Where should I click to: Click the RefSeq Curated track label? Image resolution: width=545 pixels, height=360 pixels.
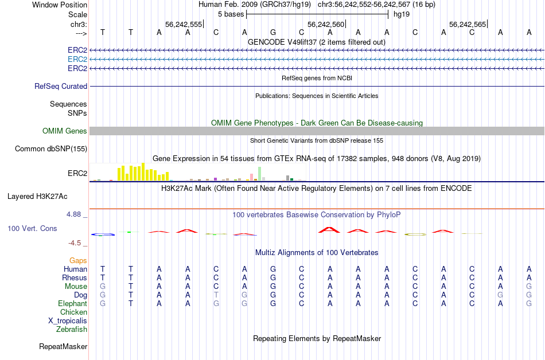[61, 87]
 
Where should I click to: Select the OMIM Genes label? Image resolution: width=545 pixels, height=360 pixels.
[65, 131]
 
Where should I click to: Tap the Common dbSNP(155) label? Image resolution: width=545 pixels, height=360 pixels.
[51, 149]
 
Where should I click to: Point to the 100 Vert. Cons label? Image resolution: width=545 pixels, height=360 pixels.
[32, 229]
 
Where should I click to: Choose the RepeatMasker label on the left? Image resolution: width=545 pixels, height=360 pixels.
[63, 347]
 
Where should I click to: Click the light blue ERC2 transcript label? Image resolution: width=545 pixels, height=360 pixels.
[77, 59]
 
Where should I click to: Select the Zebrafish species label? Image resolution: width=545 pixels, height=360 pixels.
[72, 330]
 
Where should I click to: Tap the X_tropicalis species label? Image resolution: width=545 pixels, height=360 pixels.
[68, 321]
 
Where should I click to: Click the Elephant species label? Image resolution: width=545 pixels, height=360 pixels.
[72, 304]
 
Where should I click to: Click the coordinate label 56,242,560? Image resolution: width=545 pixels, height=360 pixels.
[326, 25]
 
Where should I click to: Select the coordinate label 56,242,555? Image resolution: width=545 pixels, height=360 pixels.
[184, 25]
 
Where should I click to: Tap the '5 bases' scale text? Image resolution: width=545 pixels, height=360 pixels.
[231, 14]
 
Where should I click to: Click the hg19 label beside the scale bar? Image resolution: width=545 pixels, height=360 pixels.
[401, 14]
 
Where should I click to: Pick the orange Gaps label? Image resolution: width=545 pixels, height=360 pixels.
[78, 261]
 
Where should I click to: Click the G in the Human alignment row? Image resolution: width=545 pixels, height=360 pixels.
[273, 269]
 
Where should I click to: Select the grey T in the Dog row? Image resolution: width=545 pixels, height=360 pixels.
[216, 295]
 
